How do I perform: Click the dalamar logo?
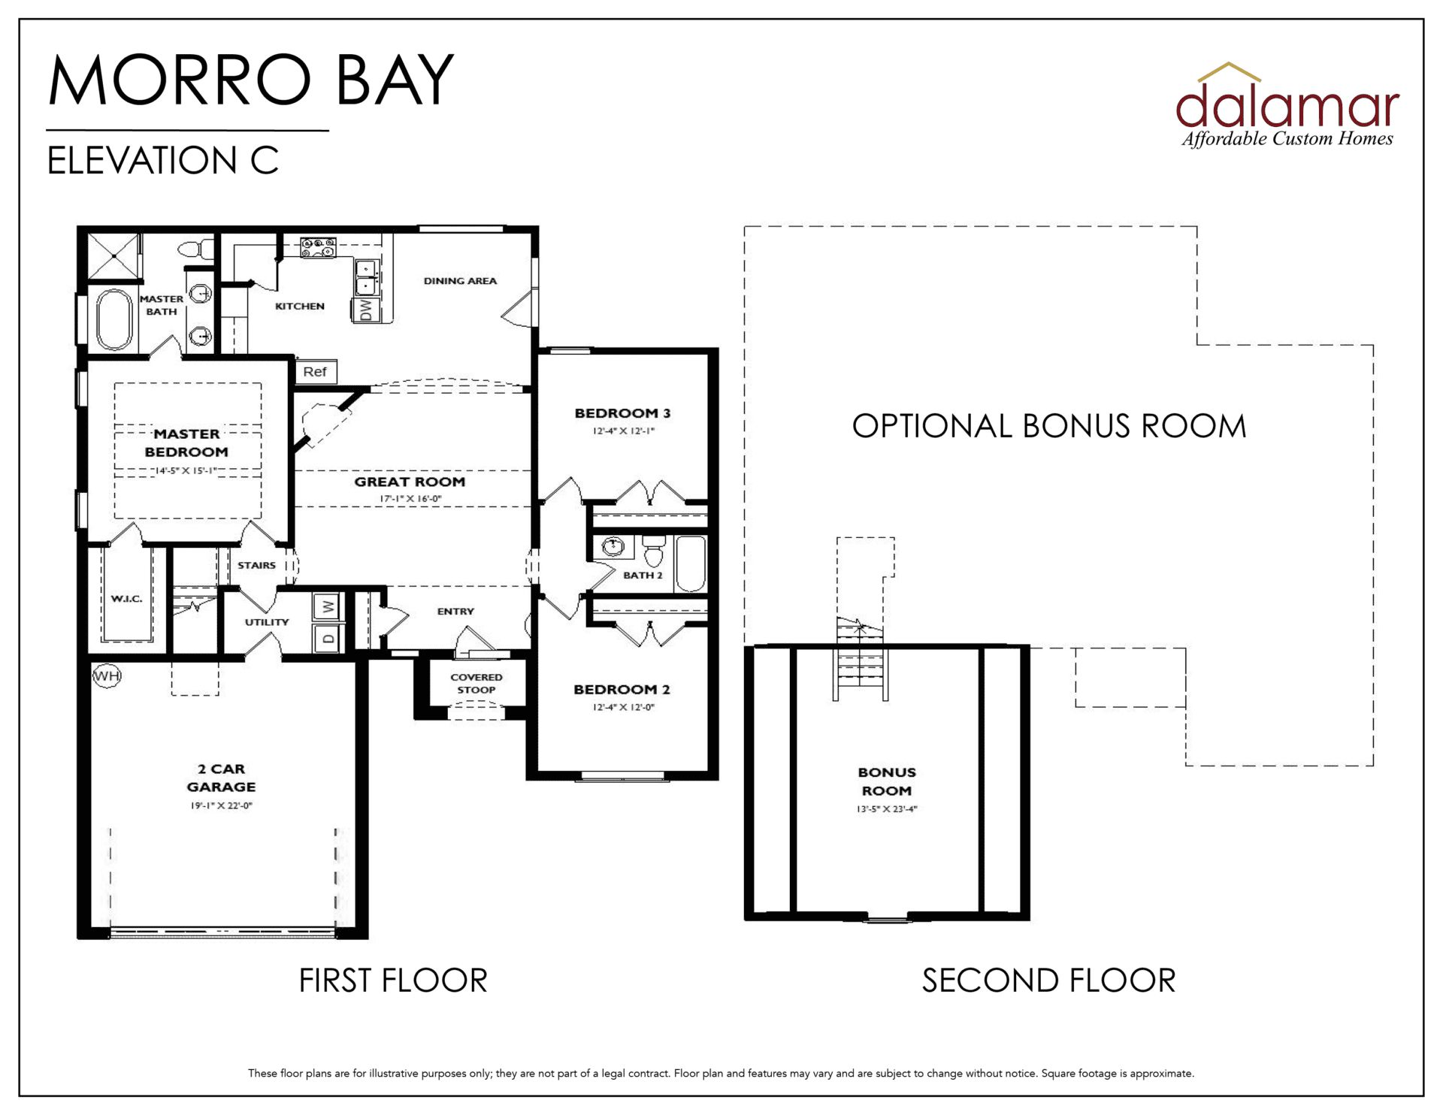pyautogui.click(x=1287, y=105)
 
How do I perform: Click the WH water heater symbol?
pyautogui.click(x=107, y=675)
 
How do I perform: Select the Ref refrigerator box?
pyautogui.click(x=315, y=372)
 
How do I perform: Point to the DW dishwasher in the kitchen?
pyautogui.click(x=365, y=310)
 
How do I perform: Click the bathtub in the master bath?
pyautogui.click(x=114, y=319)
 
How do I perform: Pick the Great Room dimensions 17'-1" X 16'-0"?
pyautogui.click(x=410, y=499)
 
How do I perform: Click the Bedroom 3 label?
pyautogui.click(x=622, y=413)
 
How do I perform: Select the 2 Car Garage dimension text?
pyautogui.click(x=221, y=805)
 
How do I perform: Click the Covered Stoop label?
pyautogui.click(x=476, y=683)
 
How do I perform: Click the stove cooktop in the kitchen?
pyautogui.click(x=318, y=248)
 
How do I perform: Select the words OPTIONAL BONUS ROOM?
pyautogui.click(x=1049, y=426)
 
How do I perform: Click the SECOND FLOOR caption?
pyautogui.click(x=1048, y=981)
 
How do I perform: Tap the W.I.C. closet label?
pyautogui.click(x=126, y=599)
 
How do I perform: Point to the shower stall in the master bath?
pyautogui.click(x=114, y=256)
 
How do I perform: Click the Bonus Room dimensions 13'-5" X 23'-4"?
pyautogui.click(x=887, y=809)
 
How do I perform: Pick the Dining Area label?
pyautogui.click(x=460, y=281)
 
